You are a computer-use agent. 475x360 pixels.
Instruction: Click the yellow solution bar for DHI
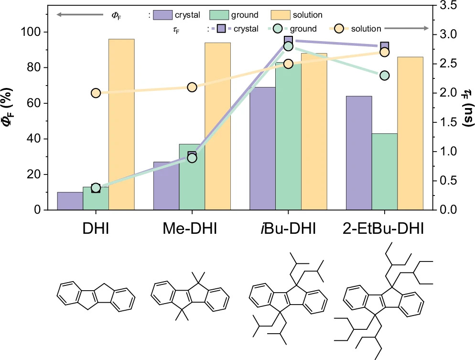(121, 124)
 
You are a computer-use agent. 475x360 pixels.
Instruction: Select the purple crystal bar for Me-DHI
(166, 186)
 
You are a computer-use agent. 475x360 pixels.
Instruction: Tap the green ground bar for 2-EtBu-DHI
(385, 172)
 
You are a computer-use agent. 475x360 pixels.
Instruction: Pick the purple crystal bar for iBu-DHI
(263, 149)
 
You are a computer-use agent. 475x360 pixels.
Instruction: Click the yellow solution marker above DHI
(96, 93)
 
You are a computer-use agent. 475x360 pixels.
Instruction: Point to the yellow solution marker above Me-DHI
(192, 87)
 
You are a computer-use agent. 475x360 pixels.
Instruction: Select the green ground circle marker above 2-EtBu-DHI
(385, 76)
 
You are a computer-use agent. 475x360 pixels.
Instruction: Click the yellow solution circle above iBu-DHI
(289, 64)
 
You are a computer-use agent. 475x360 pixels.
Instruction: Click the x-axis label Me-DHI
(190, 229)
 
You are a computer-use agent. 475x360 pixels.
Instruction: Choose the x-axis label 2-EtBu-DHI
(383, 229)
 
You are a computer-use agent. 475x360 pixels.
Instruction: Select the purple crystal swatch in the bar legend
(162, 15)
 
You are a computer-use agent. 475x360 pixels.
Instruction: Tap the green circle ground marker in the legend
(278, 29)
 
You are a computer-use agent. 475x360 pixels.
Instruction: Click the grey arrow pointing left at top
(80, 14)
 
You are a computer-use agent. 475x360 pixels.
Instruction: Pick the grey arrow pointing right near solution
(407, 28)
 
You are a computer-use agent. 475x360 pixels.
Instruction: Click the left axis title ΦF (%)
(8, 107)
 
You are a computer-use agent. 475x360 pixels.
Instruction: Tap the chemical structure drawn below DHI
(96, 296)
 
